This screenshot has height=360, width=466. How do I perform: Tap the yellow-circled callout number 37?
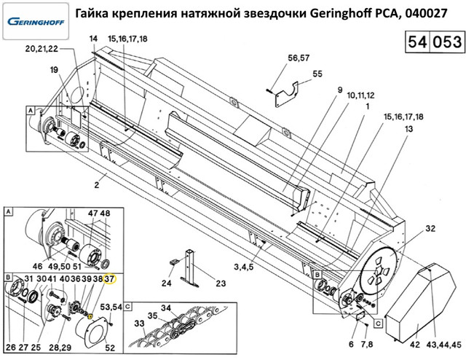pyautogui.click(x=110, y=279)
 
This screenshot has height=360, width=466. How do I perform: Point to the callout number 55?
pyautogui.click(x=317, y=74)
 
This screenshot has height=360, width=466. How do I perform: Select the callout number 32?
pyautogui.click(x=430, y=228)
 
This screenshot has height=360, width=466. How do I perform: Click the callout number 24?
pyautogui.click(x=166, y=284)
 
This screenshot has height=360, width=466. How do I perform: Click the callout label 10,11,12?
pyautogui.click(x=359, y=95)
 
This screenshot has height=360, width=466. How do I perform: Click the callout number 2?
pyautogui.click(x=95, y=185)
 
